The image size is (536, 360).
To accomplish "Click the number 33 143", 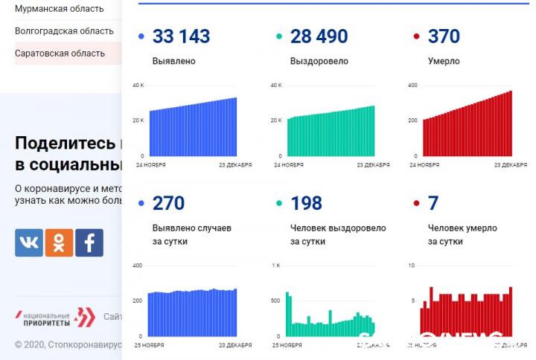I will [x=181, y=36].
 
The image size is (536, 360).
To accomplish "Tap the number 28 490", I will [x=319, y=36].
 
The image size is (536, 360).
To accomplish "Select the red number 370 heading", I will [x=444, y=36].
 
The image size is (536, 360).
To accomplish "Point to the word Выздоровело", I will [x=319, y=61].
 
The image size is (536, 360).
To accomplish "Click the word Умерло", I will [x=444, y=61].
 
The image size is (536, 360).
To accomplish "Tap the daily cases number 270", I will [x=168, y=203].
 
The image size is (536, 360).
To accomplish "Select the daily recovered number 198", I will [x=306, y=203].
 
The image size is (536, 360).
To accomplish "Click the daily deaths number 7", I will [x=433, y=203].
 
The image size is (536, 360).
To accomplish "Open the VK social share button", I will [x=29, y=242].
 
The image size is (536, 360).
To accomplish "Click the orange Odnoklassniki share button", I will [x=59, y=242].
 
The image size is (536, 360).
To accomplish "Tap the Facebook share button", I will [x=89, y=242].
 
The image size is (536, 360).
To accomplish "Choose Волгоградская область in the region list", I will [x=64, y=31].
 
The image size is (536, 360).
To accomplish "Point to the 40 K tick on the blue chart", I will [x=138, y=86].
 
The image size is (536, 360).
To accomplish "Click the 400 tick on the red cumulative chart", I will [x=412, y=86].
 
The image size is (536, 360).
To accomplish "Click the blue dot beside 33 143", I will [x=141, y=36].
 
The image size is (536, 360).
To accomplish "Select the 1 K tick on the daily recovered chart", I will [x=275, y=266].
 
